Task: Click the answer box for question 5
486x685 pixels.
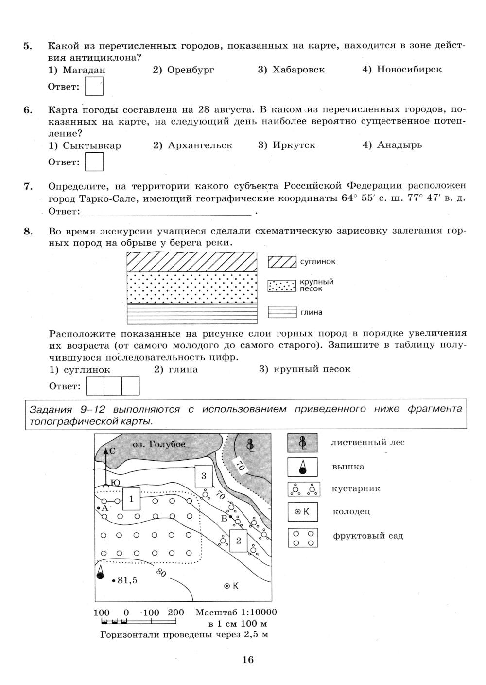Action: coord(94,87)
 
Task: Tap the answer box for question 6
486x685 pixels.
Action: coord(94,162)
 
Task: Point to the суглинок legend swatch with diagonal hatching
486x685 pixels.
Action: coord(282,262)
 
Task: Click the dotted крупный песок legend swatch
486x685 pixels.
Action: coord(282,286)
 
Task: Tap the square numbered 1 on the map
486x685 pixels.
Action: coord(131,499)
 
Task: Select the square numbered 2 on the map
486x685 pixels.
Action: coord(239,541)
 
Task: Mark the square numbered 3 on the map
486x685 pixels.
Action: coord(204,476)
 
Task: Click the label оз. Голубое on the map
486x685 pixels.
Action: coord(159,444)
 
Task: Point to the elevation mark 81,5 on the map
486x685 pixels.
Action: coord(125,580)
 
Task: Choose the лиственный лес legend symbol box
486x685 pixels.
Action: coord(302,443)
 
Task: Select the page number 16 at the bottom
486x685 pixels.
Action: coord(248,660)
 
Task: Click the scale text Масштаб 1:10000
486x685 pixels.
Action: coord(236,613)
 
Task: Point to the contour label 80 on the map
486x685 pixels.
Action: coord(161,573)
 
